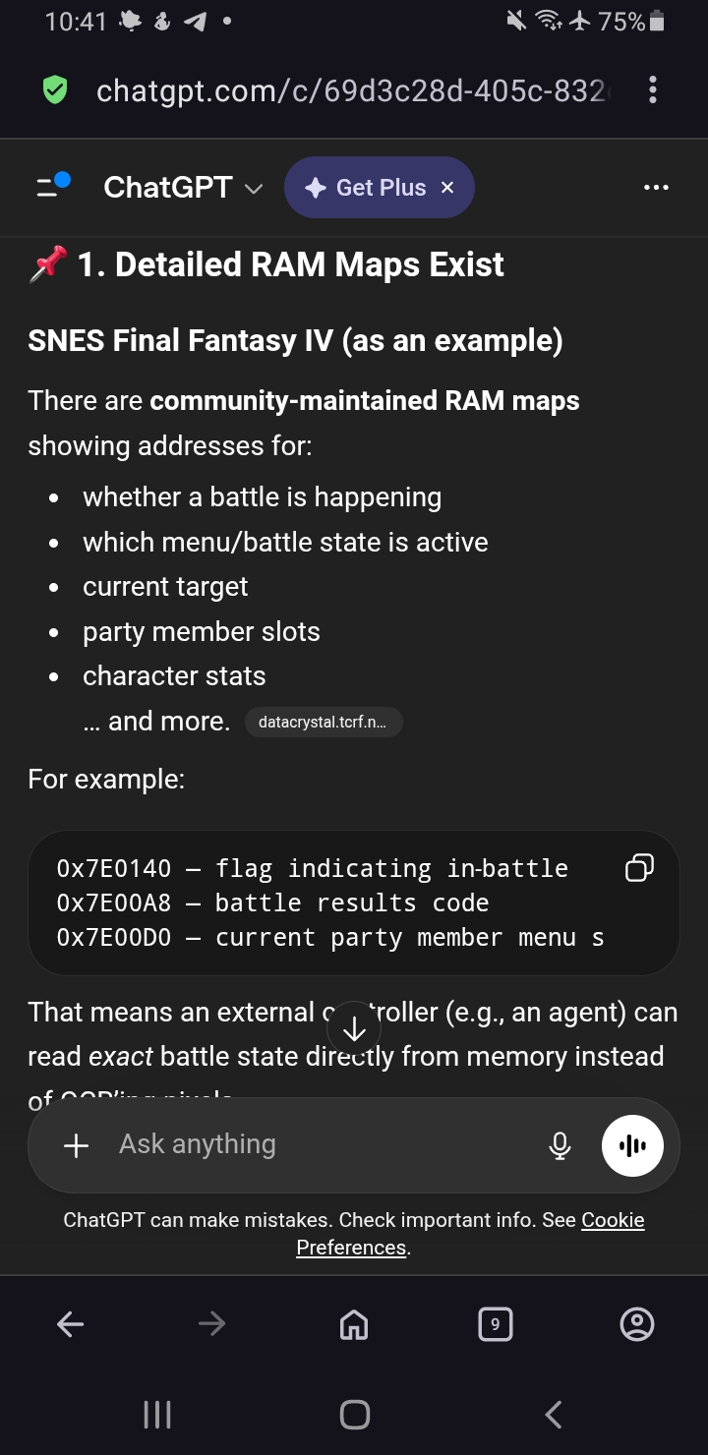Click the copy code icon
point(639,868)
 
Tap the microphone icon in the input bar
point(560,1145)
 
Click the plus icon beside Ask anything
point(76,1145)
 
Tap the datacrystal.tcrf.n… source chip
point(323,723)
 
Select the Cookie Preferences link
point(470,1234)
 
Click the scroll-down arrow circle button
point(354,1029)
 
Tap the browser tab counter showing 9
point(495,1324)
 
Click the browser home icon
point(354,1325)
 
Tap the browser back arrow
point(71,1325)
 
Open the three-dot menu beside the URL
point(653,91)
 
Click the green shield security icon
point(55,91)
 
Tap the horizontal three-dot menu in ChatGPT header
point(656,188)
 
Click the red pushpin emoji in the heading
point(48,263)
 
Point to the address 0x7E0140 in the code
point(114,869)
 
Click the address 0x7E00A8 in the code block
point(114,903)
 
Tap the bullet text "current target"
point(165,587)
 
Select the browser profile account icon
point(637,1325)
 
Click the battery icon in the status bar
point(658,22)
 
